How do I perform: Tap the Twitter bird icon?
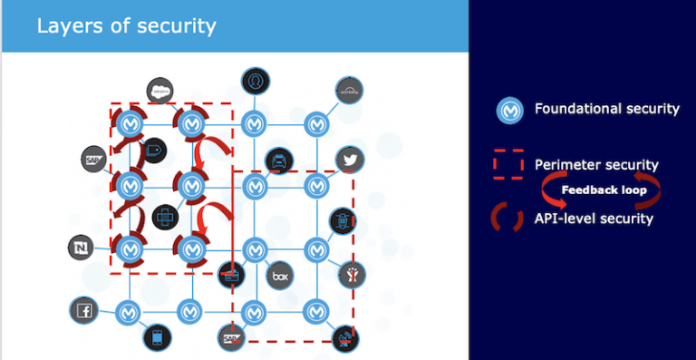(x=350, y=160)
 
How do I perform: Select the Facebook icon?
(x=84, y=311)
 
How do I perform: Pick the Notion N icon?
(x=82, y=247)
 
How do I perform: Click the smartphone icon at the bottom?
(x=157, y=338)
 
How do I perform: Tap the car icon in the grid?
(x=279, y=161)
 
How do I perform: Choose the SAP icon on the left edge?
(x=94, y=160)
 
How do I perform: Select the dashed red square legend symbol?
(x=507, y=165)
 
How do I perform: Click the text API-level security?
(x=594, y=219)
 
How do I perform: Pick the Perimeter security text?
(x=596, y=165)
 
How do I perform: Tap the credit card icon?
(x=230, y=274)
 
